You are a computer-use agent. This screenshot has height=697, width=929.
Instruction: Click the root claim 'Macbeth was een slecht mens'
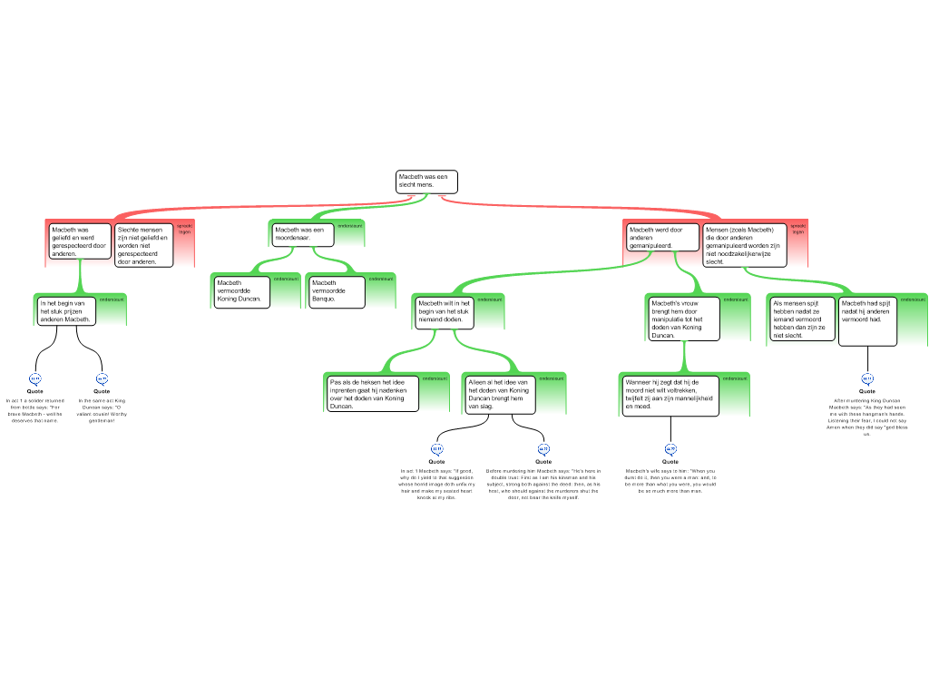(426, 182)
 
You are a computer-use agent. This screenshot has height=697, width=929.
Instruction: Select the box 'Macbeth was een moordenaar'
(303, 234)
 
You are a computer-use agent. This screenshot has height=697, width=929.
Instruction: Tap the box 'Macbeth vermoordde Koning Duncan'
(241, 291)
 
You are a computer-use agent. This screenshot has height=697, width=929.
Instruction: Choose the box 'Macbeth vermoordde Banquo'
(337, 291)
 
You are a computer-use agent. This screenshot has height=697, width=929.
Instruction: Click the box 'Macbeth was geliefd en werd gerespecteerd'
(80, 241)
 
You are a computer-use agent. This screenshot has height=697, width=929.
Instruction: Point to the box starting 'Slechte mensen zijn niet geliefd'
(143, 245)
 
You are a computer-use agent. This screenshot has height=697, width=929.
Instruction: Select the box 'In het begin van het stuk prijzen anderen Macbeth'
(66, 311)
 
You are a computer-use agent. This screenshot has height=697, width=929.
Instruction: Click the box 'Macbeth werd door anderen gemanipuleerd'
(663, 238)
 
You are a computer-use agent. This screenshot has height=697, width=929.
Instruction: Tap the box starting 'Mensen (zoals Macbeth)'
(745, 245)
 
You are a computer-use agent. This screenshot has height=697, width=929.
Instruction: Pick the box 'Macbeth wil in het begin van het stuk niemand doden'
(444, 311)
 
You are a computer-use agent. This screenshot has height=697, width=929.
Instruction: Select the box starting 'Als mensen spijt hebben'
(802, 319)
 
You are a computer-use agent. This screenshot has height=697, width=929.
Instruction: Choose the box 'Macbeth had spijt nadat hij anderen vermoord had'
(867, 321)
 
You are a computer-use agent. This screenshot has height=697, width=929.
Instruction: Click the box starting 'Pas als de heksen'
(373, 394)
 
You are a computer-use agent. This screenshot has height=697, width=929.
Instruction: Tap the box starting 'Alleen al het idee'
(499, 395)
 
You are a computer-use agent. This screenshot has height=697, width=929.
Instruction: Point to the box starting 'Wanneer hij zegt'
(670, 395)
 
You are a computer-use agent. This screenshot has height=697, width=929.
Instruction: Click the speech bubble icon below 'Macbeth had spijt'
(867, 379)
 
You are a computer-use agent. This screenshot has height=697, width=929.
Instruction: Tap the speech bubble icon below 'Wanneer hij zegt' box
(671, 449)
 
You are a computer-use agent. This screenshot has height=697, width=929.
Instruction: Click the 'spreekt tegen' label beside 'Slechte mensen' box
(185, 229)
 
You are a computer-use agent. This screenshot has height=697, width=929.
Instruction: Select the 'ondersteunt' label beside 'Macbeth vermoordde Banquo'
(381, 279)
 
